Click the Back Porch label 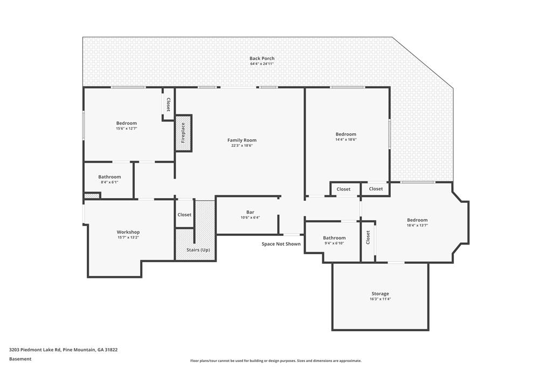click(x=262, y=58)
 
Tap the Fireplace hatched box click(x=183, y=133)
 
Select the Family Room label click(x=242, y=140)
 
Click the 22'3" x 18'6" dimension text click(x=242, y=146)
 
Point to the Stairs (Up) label click(x=198, y=250)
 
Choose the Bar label click(x=250, y=212)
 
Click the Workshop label click(x=128, y=232)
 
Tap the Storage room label click(x=380, y=294)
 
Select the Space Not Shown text click(x=281, y=244)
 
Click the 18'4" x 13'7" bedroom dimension click(x=417, y=225)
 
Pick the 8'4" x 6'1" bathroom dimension click(x=109, y=182)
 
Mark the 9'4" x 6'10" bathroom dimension click(x=334, y=243)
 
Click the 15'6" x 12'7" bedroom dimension click(x=126, y=128)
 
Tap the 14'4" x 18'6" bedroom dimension click(x=346, y=140)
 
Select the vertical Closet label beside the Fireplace click(x=168, y=105)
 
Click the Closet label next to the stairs click(x=184, y=215)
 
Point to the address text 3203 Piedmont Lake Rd click(x=36, y=350)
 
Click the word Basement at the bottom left click(x=20, y=359)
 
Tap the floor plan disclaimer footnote click(x=275, y=361)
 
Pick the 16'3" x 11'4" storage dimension click(x=380, y=299)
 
